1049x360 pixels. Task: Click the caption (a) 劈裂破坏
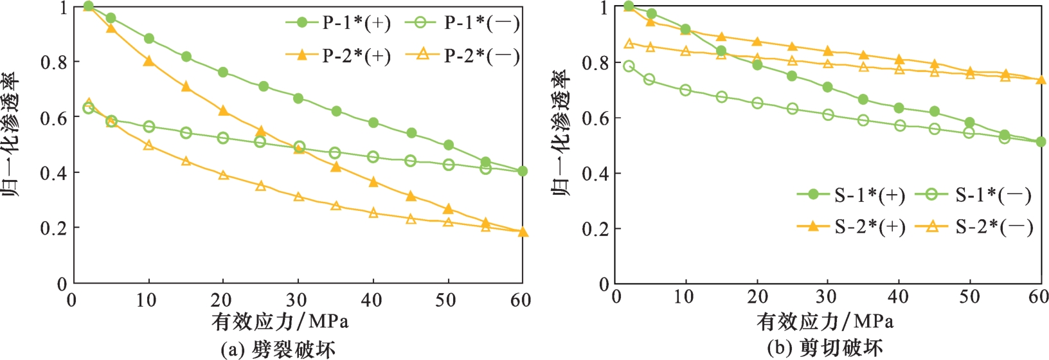tap(278, 349)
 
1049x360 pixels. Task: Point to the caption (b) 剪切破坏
tap(825, 348)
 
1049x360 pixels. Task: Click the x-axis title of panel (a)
tap(280, 320)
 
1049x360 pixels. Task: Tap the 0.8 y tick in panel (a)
tap(54, 62)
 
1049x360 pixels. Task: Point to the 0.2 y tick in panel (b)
tap(595, 229)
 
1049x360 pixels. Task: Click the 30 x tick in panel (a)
tap(298, 300)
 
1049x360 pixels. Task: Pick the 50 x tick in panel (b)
tap(969, 297)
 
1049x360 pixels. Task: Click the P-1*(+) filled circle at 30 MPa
tap(298, 98)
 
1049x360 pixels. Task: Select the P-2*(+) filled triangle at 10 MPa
tap(149, 61)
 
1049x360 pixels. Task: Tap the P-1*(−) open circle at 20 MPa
tap(223, 138)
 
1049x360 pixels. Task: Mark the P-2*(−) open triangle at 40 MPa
tap(373, 213)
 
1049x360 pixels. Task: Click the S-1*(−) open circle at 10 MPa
tap(685, 90)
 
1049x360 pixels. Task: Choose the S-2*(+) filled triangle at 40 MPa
tap(899, 60)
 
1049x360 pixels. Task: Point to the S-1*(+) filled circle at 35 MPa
tap(863, 100)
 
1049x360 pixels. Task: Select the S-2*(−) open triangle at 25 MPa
tap(793, 61)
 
